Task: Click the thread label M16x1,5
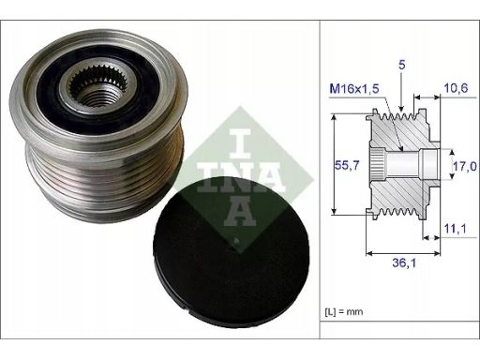(x=354, y=89)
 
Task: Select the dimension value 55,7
(x=347, y=165)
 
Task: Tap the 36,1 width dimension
(x=404, y=263)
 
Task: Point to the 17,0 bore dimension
(x=465, y=166)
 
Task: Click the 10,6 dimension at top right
(x=456, y=88)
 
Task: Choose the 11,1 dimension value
(x=455, y=229)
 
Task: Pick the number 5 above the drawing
(x=402, y=65)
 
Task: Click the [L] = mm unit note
(x=344, y=311)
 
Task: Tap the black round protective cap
(x=232, y=251)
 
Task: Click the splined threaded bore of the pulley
(x=97, y=89)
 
